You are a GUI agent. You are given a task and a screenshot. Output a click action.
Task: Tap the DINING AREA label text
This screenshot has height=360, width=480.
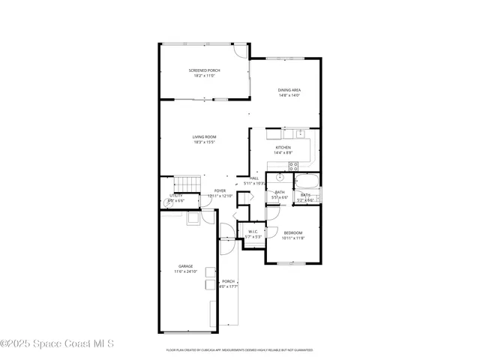click(289, 90)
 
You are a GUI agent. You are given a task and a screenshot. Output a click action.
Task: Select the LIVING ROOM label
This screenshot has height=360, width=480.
click(204, 136)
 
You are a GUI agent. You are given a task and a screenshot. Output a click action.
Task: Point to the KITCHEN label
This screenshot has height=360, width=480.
click(283, 148)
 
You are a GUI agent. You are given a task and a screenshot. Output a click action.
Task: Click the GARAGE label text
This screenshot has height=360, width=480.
click(185, 266)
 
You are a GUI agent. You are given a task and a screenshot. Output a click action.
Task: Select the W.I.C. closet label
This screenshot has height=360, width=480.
click(253, 232)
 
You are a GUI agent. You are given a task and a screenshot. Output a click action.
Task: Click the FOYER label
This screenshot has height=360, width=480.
click(220, 191)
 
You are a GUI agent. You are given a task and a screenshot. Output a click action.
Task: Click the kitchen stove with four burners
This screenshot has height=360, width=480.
click(294, 165)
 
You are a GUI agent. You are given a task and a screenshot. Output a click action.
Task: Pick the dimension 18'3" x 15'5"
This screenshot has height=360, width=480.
click(204, 142)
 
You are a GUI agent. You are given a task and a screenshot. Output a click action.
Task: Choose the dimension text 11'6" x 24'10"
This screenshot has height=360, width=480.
click(185, 271)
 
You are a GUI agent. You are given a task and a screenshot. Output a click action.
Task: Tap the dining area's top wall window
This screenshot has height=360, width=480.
click(286, 58)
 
